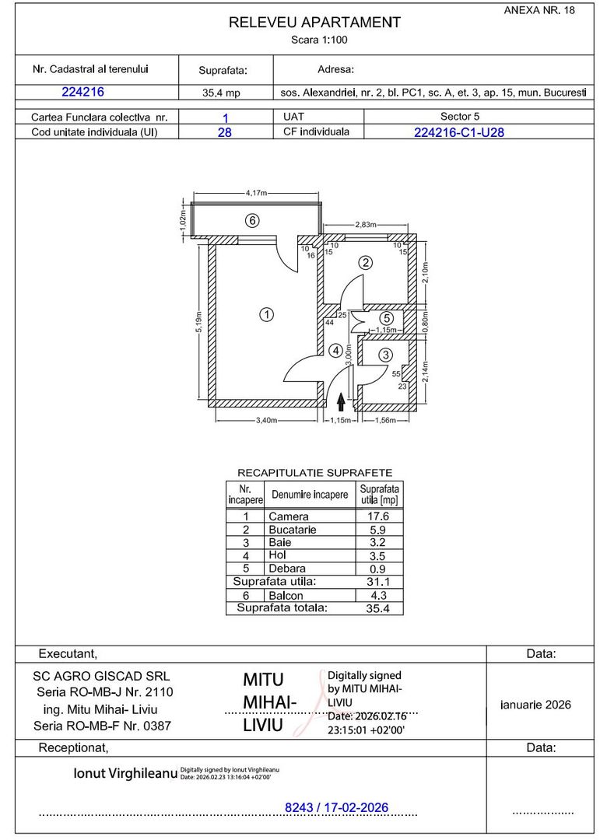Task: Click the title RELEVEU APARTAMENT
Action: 314,23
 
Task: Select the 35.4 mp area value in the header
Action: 223,93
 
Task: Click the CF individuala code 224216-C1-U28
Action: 458,131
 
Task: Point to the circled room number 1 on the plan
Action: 266,315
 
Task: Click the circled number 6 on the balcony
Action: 251,220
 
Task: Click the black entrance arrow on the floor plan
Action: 341,401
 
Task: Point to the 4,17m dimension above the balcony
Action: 256,192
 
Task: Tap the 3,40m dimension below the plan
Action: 266,421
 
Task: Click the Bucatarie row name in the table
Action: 293,530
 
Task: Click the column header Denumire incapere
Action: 309,495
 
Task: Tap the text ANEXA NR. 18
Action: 539,10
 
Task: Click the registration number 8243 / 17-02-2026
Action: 337,808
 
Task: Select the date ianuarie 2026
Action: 535,705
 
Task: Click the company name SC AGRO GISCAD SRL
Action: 101,677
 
